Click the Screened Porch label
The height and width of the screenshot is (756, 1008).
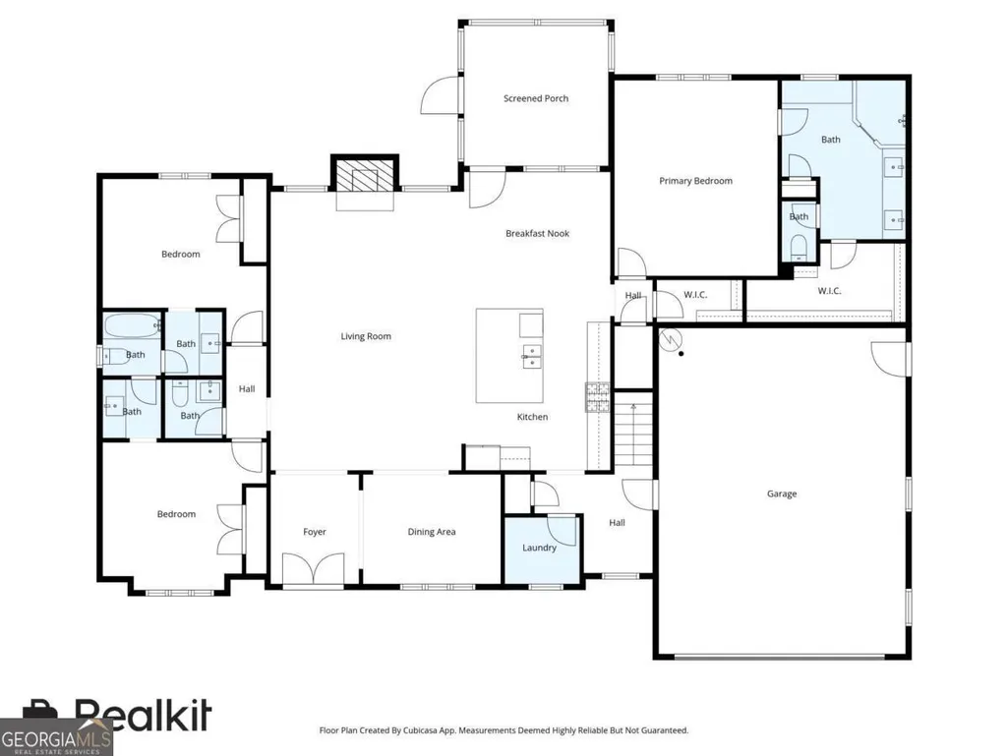coord(536,98)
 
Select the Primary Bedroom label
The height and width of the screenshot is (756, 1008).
coord(695,181)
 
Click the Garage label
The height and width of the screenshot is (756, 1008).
coord(782,494)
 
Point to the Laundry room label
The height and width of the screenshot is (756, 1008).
coord(539,548)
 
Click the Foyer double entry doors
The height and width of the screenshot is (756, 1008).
coord(314,567)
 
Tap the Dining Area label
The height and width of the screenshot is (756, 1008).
coord(432,532)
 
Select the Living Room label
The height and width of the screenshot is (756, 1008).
coord(366,336)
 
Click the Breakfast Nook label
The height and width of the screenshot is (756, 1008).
coord(537,233)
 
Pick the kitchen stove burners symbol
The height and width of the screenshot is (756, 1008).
coord(597,396)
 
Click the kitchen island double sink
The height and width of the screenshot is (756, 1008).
coord(532,356)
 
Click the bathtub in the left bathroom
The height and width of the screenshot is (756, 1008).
coord(131,327)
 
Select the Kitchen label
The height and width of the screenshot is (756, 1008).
coord(532,417)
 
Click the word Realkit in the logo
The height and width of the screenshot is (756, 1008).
coord(143,715)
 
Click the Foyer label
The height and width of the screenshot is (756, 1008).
coord(315,532)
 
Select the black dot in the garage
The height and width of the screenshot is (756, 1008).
coord(681,354)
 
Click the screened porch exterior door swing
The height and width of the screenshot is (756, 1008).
coord(441,95)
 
